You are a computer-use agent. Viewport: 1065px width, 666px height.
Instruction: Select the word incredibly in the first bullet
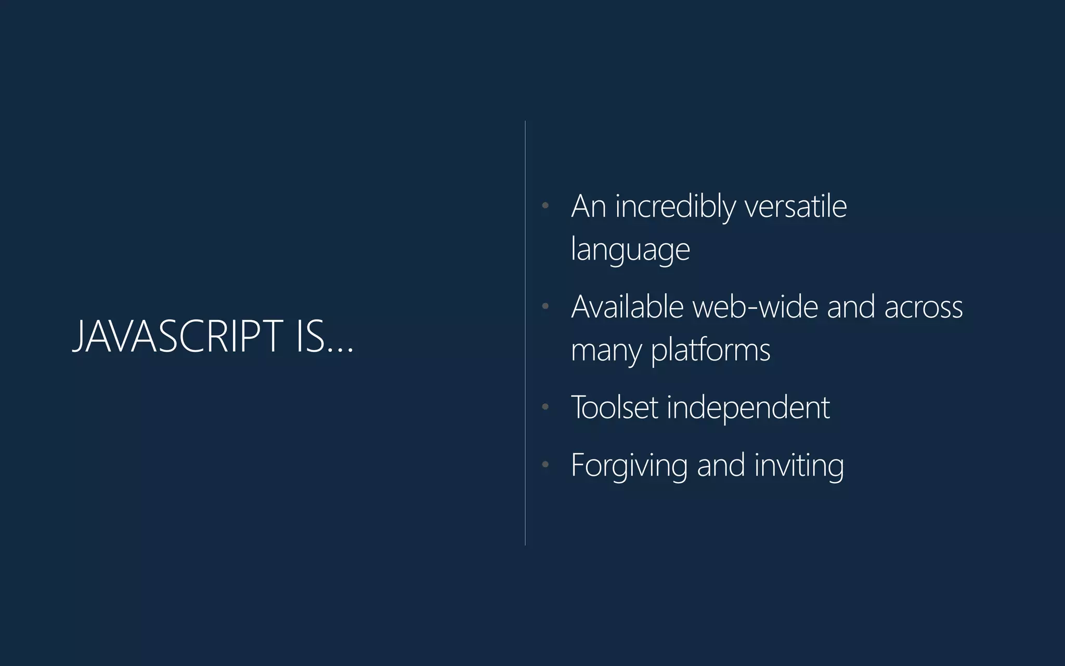[x=676, y=207]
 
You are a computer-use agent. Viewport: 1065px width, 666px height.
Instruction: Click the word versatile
[x=796, y=207]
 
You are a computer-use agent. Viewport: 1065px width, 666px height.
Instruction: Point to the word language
[x=630, y=249]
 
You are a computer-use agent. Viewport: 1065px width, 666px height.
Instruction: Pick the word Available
[x=627, y=306]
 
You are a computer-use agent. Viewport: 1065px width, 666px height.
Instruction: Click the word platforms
[x=710, y=350]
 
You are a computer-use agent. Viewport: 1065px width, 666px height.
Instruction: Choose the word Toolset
[x=615, y=407]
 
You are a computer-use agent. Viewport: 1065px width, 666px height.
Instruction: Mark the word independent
[x=748, y=408]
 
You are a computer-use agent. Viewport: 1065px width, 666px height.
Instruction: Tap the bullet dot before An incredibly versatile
[x=545, y=206]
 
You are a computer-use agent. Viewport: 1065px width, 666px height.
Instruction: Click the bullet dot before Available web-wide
[x=545, y=306]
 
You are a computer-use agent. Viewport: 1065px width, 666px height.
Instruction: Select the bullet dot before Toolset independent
[x=545, y=406]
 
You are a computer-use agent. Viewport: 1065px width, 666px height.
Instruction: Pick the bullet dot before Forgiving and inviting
[x=545, y=464]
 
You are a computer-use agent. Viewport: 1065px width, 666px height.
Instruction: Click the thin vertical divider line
[x=525, y=333]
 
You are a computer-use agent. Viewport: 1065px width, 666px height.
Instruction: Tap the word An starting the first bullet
[x=589, y=207]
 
